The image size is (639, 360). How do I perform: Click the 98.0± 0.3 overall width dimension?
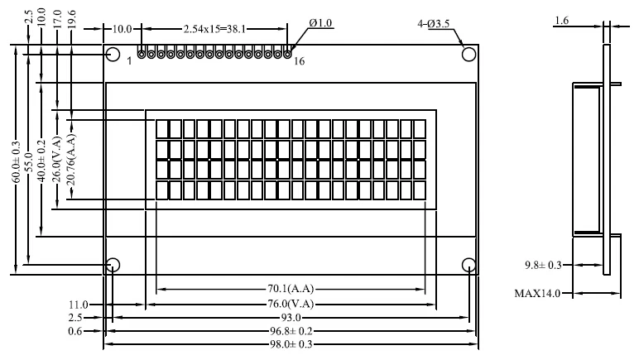coord(291,344)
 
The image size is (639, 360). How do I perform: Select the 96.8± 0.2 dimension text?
coord(291,331)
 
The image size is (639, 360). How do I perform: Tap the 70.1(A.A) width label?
coord(291,289)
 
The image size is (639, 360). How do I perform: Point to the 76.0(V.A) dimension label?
coord(291,304)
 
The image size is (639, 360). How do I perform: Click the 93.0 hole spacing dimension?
coord(291,317)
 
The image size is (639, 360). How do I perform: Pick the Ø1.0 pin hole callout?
coord(320,23)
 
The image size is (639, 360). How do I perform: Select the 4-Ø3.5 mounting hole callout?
coord(433,24)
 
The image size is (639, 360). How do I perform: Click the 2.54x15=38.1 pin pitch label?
coord(214,29)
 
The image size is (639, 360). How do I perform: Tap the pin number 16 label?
coord(299,61)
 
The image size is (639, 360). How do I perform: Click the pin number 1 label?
coord(129,61)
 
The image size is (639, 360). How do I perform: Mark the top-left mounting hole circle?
coord(113,54)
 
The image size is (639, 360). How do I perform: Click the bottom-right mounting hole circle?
coord(469,265)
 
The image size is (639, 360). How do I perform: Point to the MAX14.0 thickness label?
coord(537,293)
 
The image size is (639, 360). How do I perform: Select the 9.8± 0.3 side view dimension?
coord(543,265)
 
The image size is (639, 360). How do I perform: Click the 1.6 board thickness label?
coord(561,21)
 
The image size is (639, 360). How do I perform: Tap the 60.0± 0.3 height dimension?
coord(16,161)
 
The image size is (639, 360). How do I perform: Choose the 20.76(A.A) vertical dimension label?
coord(71,160)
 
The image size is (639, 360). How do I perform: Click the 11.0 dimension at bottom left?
coord(79,305)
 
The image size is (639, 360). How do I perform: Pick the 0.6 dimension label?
coord(75,331)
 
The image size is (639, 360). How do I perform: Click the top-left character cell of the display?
coord(161,128)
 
